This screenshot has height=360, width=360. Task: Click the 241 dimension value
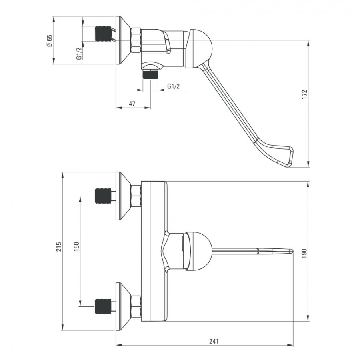tap(214, 341)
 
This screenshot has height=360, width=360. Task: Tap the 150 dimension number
tap(77, 251)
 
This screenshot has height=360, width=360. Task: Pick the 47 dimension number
tap(132, 104)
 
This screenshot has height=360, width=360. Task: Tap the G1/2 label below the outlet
tap(173, 86)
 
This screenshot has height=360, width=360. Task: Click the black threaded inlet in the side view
tap(103, 34)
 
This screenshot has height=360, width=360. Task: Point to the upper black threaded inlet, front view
tap(103, 196)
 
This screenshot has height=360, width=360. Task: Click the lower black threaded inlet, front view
tap(103, 306)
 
